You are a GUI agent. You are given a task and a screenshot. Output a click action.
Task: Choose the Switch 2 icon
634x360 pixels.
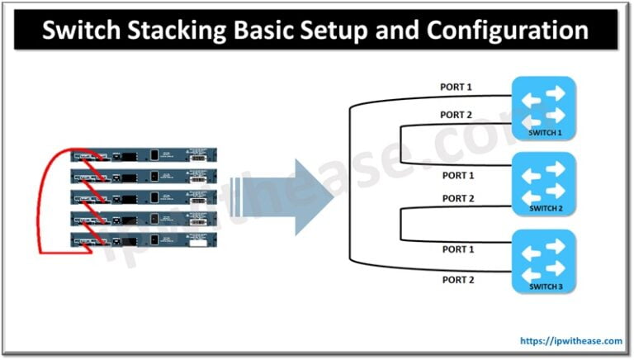[x=542, y=184]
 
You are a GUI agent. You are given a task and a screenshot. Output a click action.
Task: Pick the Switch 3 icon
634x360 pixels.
[x=542, y=260]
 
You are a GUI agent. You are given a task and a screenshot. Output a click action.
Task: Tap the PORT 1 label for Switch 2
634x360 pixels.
[x=458, y=175]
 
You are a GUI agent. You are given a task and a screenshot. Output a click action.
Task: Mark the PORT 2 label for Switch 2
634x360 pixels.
[x=458, y=198]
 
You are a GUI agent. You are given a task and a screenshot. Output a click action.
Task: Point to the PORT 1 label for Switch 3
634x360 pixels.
[x=458, y=249]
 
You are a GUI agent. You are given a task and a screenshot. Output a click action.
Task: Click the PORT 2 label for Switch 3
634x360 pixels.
[x=458, y=280]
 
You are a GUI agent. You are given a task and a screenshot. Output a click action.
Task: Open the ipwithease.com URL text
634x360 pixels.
[x=571, y=340]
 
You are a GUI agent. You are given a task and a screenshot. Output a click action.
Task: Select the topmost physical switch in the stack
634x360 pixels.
[x=144, y=154]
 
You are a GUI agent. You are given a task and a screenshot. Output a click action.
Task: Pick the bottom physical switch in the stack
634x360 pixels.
[x=144, y=240]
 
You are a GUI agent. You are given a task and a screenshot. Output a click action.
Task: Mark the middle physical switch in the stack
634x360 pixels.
[x=144, y=197]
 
